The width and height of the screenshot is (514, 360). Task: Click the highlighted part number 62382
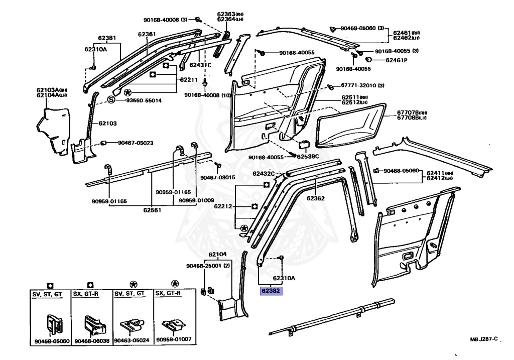pos(271,290)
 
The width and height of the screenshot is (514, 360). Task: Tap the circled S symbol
pos(111,100)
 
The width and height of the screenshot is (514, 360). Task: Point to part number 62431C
pos(200,65)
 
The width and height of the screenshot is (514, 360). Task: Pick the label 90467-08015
pos(218,177)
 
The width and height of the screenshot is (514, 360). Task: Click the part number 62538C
pos(308,157)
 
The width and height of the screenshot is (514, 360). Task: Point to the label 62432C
pos(264,174)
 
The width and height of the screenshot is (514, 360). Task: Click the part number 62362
pos(316,198)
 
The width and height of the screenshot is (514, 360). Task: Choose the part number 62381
pos(107,38)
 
